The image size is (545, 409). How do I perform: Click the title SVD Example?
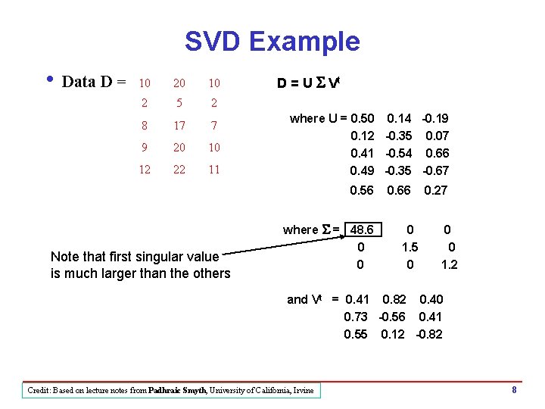click(272, 41)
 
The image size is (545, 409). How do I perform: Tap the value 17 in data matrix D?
click(179, 125)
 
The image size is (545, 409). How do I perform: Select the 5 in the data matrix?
click(179, 104)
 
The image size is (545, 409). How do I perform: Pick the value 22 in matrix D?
click(179, 170)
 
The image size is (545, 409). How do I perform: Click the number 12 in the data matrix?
click(145, 170)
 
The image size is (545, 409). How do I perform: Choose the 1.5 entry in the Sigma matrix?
click(410, 247)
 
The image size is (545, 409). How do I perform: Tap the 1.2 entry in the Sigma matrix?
click(449, 264)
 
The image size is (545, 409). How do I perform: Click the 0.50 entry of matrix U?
click(362, 118)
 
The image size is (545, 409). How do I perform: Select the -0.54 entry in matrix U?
click(399, 154)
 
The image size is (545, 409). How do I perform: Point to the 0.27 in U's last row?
click(436, 191)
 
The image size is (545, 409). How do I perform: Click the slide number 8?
click(514, 390)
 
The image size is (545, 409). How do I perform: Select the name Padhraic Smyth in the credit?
click(180, 391)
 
